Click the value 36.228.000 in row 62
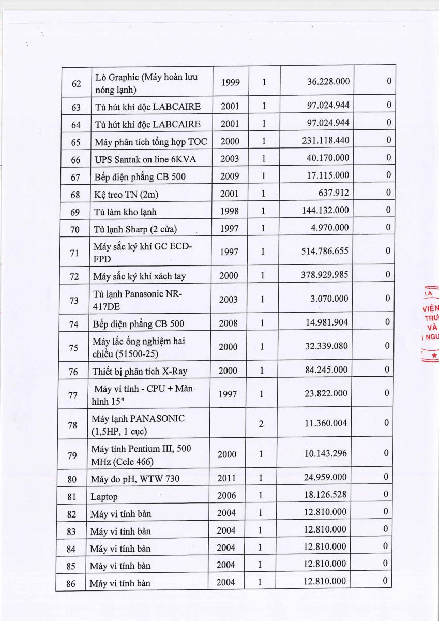pos(328,82)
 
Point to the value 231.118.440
pos(325,140)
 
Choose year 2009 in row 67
pos(230,176)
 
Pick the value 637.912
pos(334,193)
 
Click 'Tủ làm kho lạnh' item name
pos(125,211)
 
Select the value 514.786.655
pos(325,251)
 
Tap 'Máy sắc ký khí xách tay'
pos(139,276)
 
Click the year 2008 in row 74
pos(229,323)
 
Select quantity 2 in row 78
pos(261,423)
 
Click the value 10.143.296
pos(326,453)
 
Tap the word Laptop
pos(104,497)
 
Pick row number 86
pos(71,583)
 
